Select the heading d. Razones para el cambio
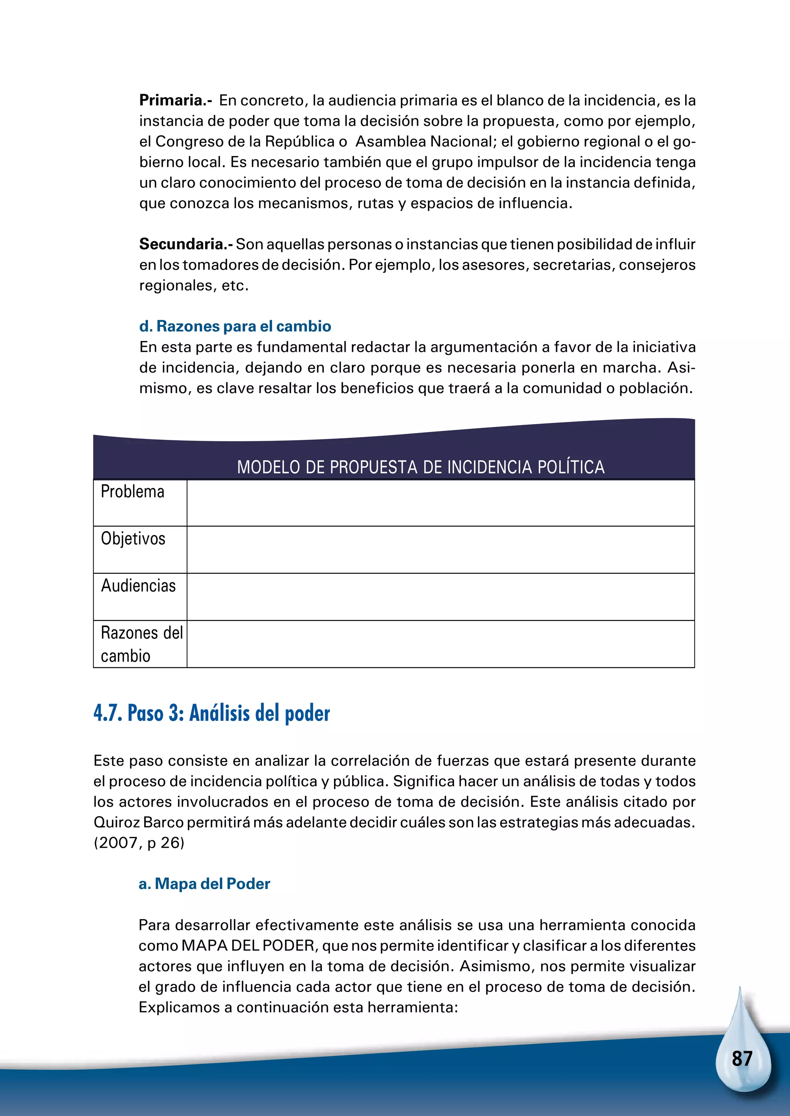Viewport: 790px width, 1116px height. click(235, 326)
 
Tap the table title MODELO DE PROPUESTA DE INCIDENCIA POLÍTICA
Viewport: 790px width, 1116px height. click(421, 467)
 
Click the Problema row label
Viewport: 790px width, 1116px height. click(132, 492)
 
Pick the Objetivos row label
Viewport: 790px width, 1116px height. click(133, 539)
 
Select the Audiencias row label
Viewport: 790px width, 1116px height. click(138, 586)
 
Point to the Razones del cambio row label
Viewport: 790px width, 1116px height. click(141, 644)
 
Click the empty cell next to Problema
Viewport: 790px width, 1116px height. click(440, 503)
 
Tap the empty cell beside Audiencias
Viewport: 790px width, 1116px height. click(440, 597)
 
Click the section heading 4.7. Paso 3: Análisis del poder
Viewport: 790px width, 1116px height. click(212, 714)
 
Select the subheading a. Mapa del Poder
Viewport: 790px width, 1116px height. click(204, 884)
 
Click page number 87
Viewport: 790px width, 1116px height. click(742, 1059)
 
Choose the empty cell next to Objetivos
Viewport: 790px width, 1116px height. click(440, 550)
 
